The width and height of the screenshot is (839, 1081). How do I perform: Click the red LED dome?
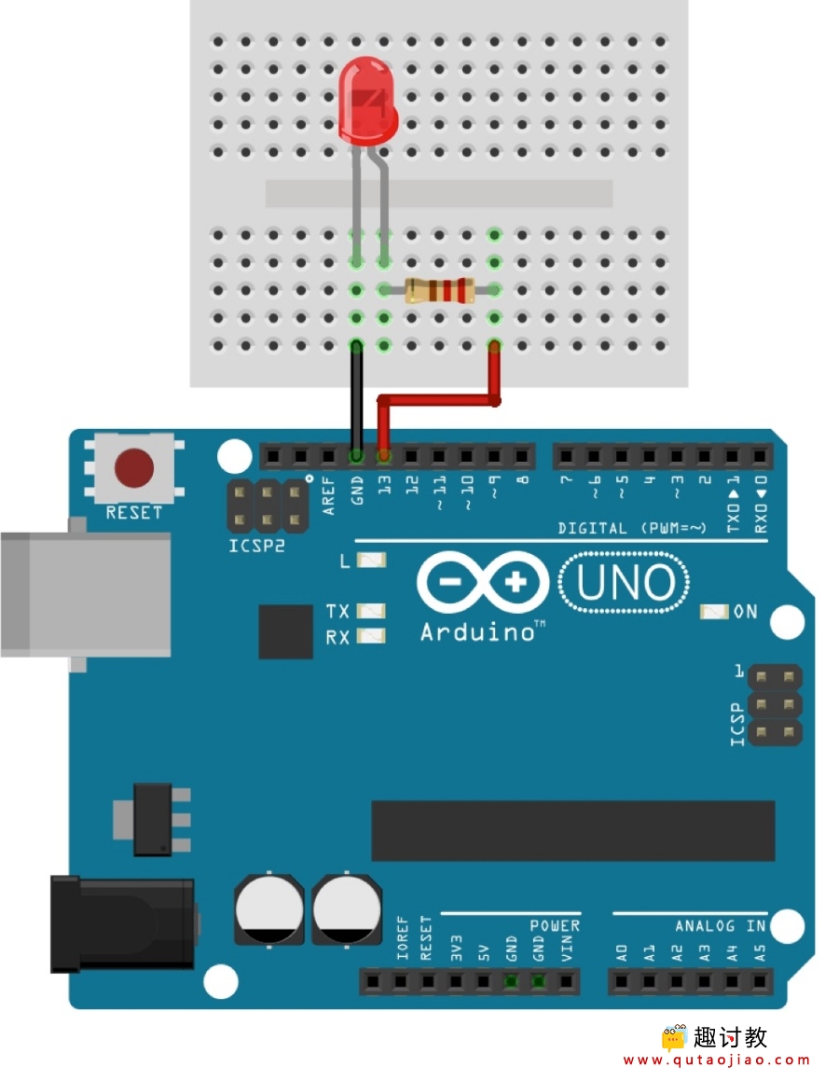pyautogui.click(x=368, y=102)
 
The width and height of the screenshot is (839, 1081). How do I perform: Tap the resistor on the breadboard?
pyautogui.click(x=439, y=290)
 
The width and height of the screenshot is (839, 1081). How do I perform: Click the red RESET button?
pyautogui.click(x=133, y=467)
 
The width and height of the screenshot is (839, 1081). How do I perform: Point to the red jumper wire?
pyautogui.click(x=438, y=399)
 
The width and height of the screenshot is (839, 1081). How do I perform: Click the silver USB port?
pyautogui.click(x=86, y=594)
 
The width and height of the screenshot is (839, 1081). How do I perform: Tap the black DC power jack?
pyautogui.click(x=123, y=923)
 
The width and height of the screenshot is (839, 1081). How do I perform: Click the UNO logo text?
pyautogui.click(x=625, y=583)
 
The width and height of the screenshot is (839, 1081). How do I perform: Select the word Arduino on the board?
pyautogui.click(x=477, y=632)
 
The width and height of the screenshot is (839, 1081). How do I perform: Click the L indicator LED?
pyautogui.click(x=371, y=560)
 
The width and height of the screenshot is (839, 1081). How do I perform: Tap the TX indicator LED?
pyautogui.click(x=371, y=611)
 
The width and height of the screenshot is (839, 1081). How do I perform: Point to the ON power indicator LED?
pyautogui.click(x=714, y=611)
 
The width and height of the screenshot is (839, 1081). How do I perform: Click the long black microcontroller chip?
pyautogui.click(x=573, y=831)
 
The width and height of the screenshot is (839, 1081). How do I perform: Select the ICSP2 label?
pyautogui.click(x=257, y=546)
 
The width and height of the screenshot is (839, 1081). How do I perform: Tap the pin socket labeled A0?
pyautogui.click(x=622, y=981)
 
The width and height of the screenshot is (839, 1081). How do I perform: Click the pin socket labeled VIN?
pyautogui.click(x=566, y=981)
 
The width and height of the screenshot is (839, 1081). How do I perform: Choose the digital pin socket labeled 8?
pyautogui.click(x=522, y=456)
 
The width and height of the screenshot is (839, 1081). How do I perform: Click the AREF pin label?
pyautogui.click(x=328, y=495)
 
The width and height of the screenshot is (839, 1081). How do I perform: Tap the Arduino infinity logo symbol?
pyautogui.click(x=483, y=583)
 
